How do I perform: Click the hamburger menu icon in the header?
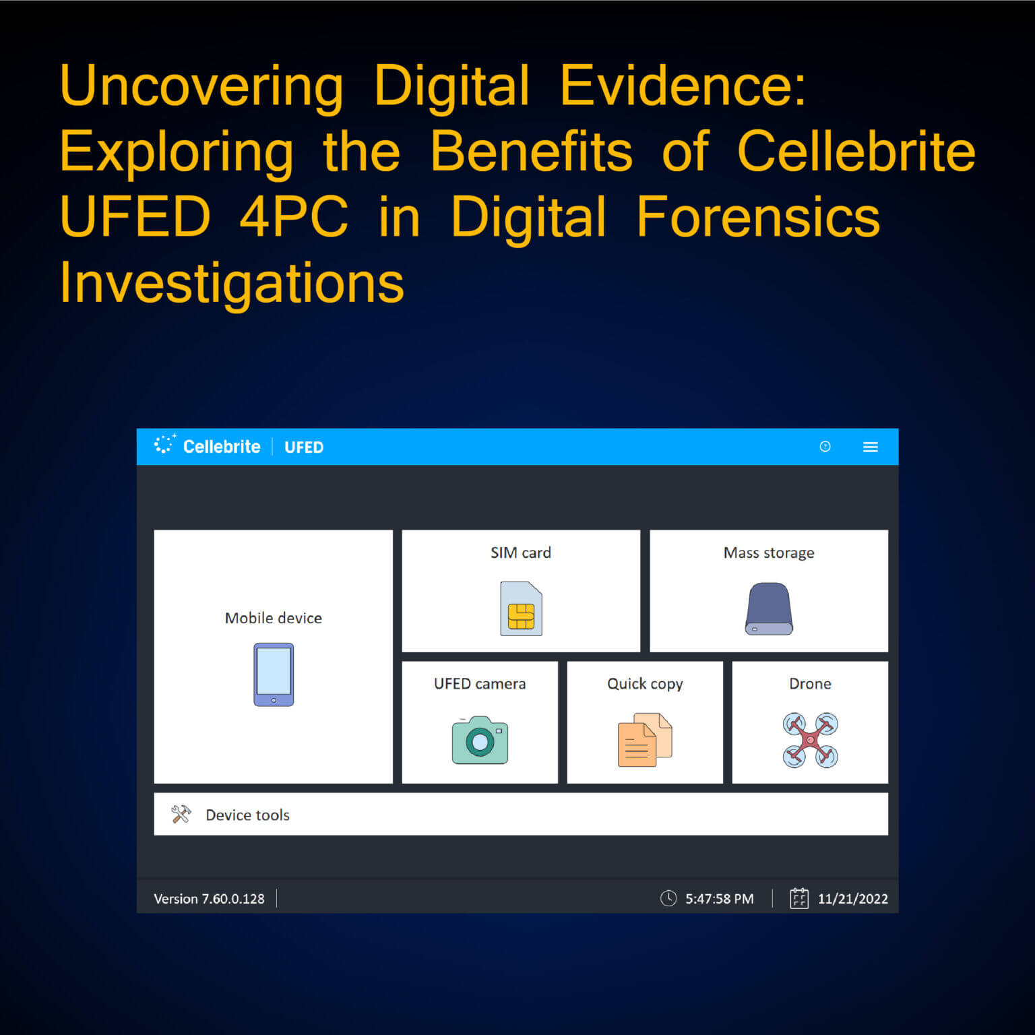click(870, 447)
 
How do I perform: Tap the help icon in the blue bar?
click(825, 446)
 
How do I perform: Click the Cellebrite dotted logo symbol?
click(164, 444)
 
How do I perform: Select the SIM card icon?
click(521, 608)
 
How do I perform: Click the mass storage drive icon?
click(769, 608)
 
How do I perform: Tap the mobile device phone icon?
click(274, 675)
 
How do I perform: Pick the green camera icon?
click(480, 740)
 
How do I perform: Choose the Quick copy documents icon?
click(645, 740)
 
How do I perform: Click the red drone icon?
click(810, 740)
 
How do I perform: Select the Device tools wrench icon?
click(181, 814)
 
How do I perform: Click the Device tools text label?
click(247, 815)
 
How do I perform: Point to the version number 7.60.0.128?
click(233, 898)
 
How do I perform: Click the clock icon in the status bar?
click(668, 898)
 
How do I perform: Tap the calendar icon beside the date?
click(798, 898)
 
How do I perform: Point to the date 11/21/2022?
click(852, 898)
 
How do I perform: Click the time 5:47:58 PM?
click(719, 898)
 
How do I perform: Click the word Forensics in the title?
click(758, 217)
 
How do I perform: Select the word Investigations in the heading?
click(232, 283)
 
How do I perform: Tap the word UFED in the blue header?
click(304, 447)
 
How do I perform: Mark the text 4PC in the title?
click(294, 217)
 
